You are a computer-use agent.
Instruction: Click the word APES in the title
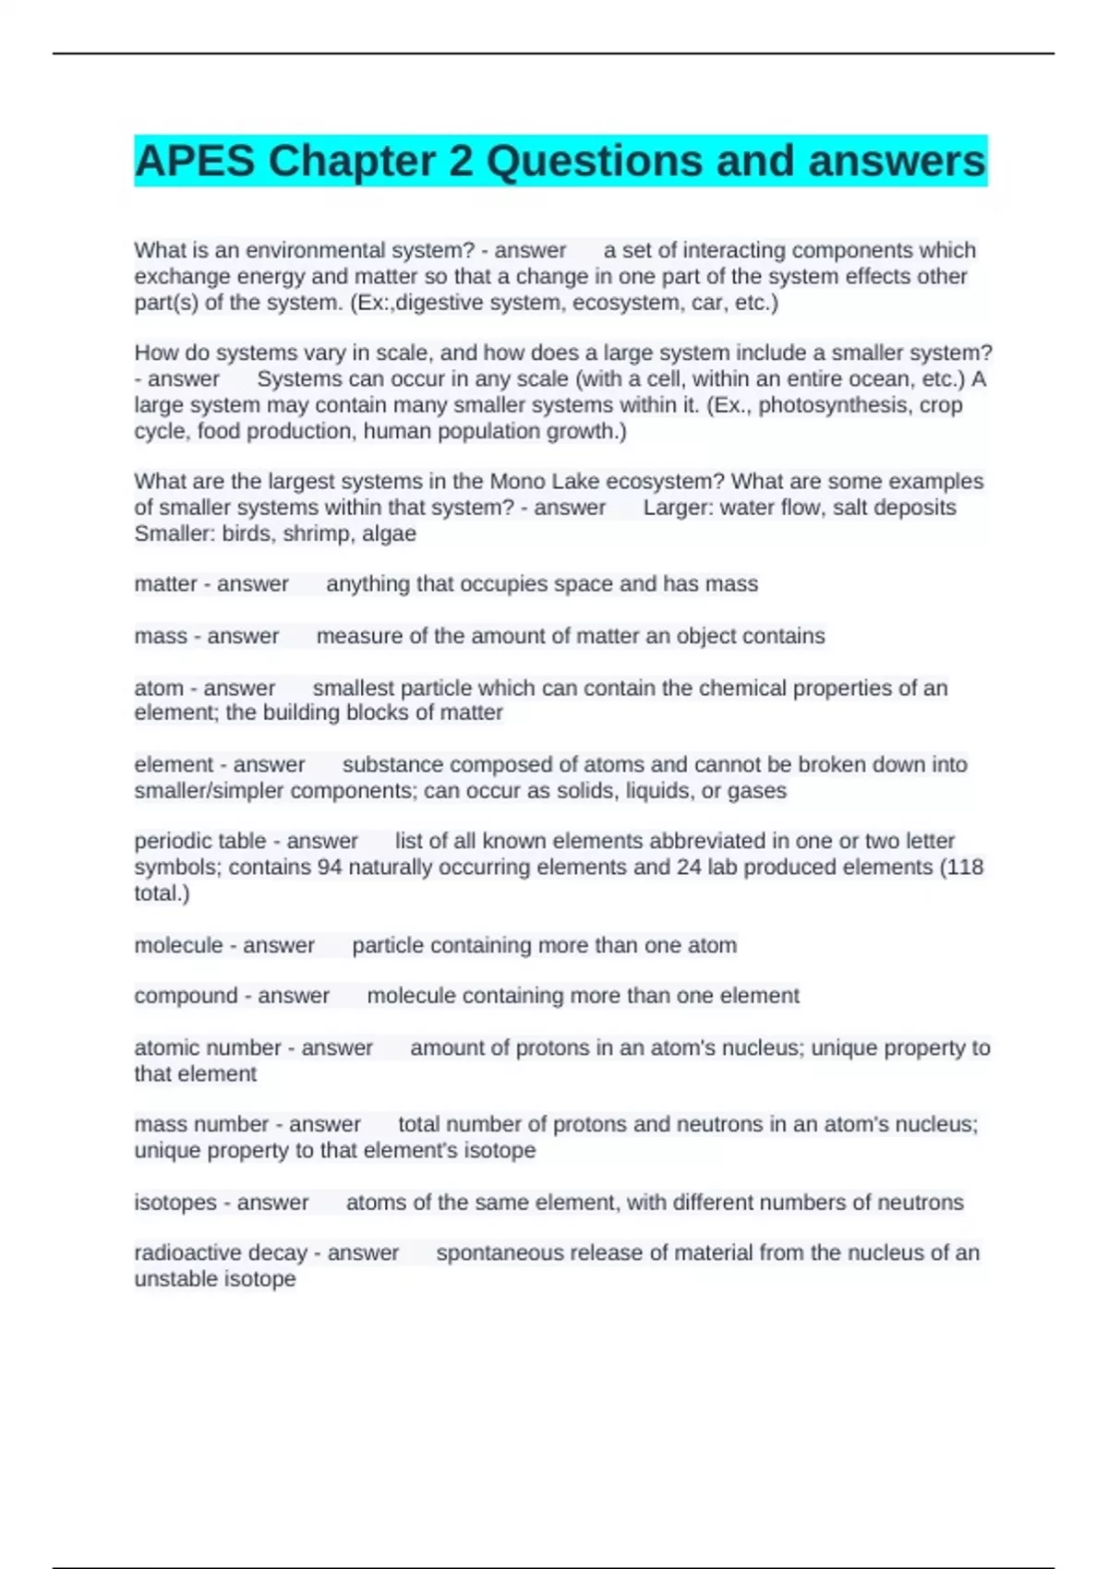pos(194,162)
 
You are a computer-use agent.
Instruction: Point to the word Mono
pos(518,482)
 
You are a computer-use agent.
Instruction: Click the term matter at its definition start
pos(164,584)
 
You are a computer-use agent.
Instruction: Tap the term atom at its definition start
pos(159,689)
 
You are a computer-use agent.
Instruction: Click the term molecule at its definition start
pos(177,946)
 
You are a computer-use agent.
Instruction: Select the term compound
pos(185,996)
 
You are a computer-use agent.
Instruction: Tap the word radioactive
pos(188,1253)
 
